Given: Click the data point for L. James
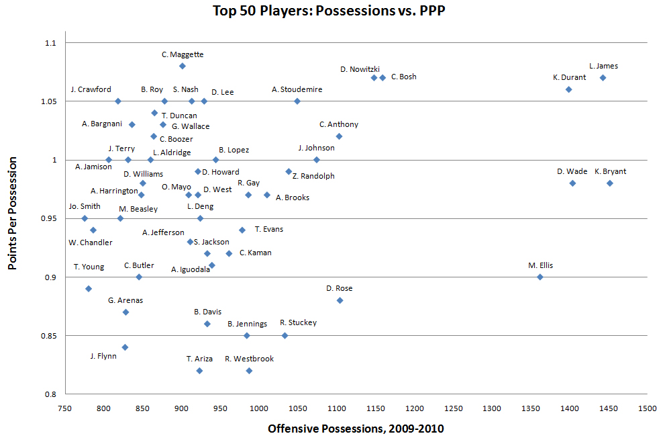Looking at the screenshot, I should click(603, 78).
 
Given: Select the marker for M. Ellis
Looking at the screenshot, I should click(540, 277).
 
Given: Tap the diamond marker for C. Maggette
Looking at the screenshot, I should click(183, 66).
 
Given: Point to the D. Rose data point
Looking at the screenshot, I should click(340, 300).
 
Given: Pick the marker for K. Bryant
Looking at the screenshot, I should click(610, 183).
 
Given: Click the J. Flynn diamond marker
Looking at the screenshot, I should click(125, 347).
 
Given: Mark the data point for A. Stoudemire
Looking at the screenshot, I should click(297, 101).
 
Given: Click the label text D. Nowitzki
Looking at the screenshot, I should click(360, 69).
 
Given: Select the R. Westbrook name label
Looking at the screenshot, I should click(250, 359).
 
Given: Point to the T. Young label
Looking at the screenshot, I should click(89, 267).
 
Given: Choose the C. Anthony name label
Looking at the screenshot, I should click(339, 124).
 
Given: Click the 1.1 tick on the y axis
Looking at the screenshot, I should click(51, 43).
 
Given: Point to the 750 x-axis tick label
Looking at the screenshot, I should click(64, 408).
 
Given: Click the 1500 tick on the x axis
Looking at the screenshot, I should click(648, 408).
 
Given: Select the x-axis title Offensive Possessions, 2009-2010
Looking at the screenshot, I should click(356, 428).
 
